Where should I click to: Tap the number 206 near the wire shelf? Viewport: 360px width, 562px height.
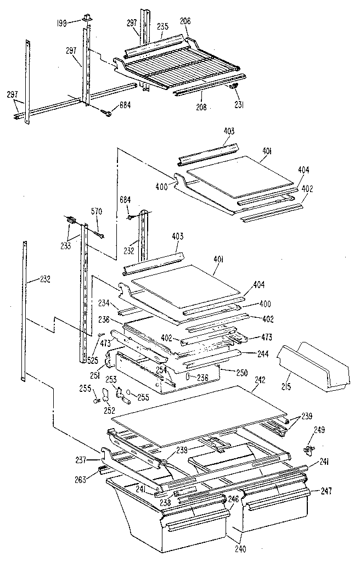(185, 20)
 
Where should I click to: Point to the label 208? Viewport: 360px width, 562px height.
(201, 107)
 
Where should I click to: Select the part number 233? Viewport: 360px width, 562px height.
(66, 231)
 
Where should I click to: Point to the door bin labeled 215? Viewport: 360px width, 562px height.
(313, 365)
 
